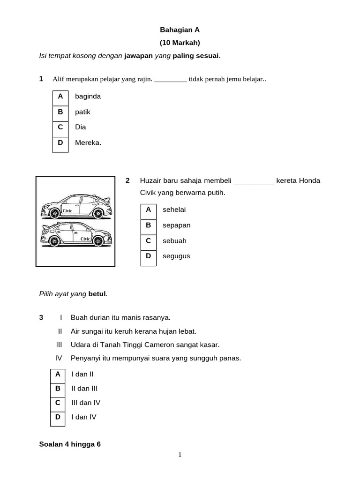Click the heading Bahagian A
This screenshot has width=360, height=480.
click(180, 30)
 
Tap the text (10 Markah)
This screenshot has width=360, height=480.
click(180, 43)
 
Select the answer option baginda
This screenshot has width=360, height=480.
click(88, 96)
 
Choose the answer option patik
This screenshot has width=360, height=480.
click(82, 112)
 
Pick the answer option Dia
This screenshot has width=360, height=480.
click(80, 127)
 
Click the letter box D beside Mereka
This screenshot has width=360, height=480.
click(60, 142)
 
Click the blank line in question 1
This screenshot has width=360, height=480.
click(171, 80)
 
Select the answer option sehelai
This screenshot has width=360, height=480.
click(174, 210)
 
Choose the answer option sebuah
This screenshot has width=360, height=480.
click(174, 240)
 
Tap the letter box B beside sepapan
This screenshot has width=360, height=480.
click(148, 225)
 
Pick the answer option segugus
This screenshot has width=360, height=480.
click(176, 256)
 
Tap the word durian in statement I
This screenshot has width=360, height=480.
click(97, 317)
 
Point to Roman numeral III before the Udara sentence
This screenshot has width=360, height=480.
click(59, 345)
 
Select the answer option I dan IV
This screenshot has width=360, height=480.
click(83, 417)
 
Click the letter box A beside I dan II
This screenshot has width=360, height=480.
click(58, 374)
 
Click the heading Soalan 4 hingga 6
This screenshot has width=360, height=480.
click(70, 444)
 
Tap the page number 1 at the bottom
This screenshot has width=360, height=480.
click(180, 454)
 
